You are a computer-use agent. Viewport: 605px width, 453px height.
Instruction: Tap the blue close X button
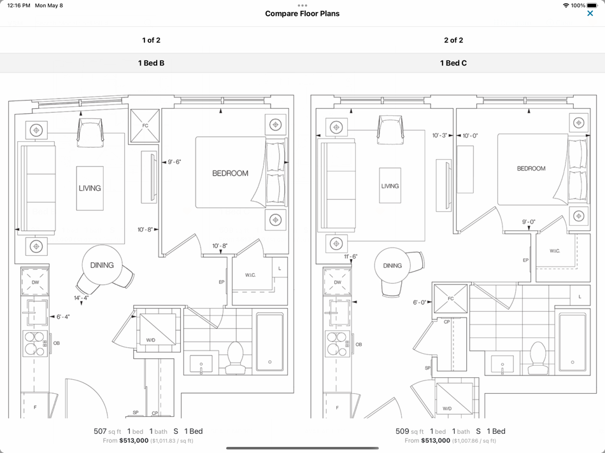click(x=590, y=13)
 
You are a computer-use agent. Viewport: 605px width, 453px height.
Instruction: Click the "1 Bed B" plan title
click(x=152, y=63)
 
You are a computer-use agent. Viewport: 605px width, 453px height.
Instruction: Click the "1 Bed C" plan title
click(x=453, y=63)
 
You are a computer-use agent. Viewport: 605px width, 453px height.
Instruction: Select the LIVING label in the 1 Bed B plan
click(x=90, y=188)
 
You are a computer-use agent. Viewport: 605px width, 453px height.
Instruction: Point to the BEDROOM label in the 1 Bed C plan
click(x=531, y=169)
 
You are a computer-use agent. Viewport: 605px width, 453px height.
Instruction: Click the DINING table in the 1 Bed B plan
click(x=102, y=265)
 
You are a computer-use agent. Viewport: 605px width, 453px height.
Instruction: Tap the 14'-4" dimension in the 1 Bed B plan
click(x=81, y=298)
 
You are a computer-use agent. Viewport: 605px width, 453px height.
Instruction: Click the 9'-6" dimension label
click(x=174, y=162)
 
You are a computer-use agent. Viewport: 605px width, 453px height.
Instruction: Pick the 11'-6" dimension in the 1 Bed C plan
click(x=350, y=256)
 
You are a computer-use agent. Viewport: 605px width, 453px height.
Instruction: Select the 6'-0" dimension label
click(x=420, y=302)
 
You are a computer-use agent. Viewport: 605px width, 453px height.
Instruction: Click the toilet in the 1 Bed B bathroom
click(x=235, y=358)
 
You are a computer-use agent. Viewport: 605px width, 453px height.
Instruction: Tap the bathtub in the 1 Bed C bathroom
click(x=573, y=343)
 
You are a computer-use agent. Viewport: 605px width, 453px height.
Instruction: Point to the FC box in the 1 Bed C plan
click(x=450, y=298)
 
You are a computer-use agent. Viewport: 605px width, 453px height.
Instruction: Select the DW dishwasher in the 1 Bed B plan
click(x=35, y=282)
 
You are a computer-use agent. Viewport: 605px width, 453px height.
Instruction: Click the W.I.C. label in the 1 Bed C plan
click(x=555, y=251)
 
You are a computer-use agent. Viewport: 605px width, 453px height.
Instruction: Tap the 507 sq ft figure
click(x=107, y=431)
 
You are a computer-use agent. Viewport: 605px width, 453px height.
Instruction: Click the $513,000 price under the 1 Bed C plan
click(x=436, y=441)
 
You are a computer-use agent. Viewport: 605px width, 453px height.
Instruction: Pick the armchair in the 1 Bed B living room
click(x=90, y=132)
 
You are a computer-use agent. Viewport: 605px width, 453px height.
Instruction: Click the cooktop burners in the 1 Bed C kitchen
click(x=338, y=344)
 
